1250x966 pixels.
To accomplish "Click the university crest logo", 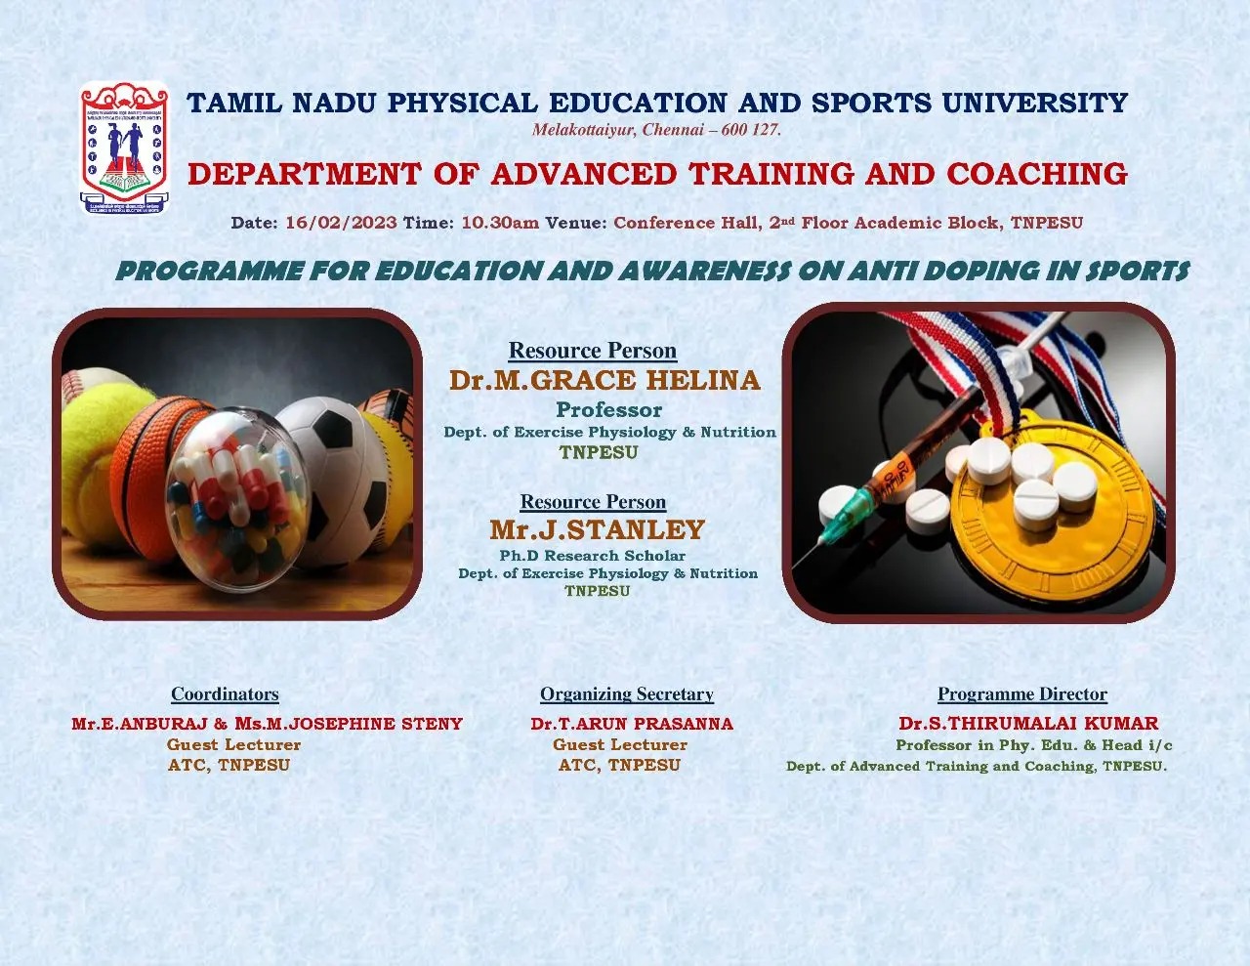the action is (x=124, y=147).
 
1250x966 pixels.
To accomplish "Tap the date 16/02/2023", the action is (x=341, y=223).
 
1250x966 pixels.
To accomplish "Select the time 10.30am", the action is (x=500, y=223).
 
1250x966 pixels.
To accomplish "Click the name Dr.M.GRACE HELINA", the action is (x=604, y=380).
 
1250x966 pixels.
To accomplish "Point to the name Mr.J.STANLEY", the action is (x=597, y=530).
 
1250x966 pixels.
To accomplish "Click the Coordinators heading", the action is (x=225, y=694).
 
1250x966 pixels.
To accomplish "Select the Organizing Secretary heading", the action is (x=626, y=694).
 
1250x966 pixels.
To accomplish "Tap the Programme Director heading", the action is (x=1022, y=694).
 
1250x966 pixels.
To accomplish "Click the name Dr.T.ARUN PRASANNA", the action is (x=632, y=724).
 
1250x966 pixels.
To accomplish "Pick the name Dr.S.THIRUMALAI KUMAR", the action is (x=1028, y=723).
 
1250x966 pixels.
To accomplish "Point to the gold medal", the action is (x=1053, y=506).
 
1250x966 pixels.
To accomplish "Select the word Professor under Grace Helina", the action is (x=608, y=409).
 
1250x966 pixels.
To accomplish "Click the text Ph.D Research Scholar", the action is (x=592, y=556).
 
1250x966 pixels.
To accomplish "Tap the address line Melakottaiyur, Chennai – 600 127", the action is (x=656, y=130).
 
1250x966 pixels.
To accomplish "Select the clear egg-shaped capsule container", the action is (x=237, y=499).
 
